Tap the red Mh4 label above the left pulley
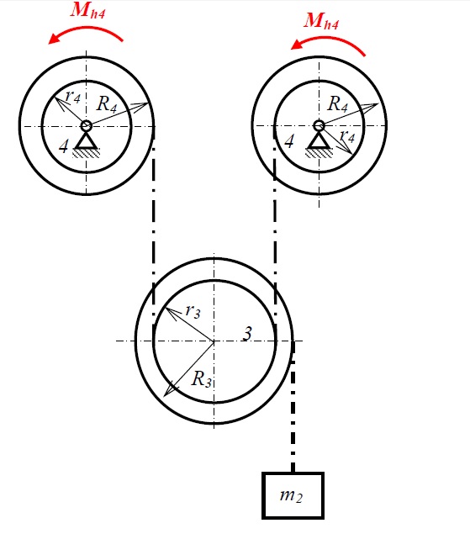pyautogui.click(x=87, y=10)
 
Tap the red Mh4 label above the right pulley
pyautogui.click(x=321, y=21)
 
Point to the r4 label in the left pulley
pyautogui.click(x=73, y=97)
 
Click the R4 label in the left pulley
pyautogui.click(x=107, y=103)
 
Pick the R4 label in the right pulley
pyautogui.click(x=338, y=103)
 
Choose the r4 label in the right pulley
pyautogui.click(x=347, y=136)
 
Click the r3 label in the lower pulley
pyautogui.click(x=193, y=311)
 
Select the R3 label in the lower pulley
pyautogui.click(x=202, y=379)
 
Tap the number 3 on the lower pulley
pyautogui.click(x=247, y=334)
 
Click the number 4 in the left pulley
pyautogui.click(x=64, y=146)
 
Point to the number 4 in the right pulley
pyautogui.click(x=289, y=141)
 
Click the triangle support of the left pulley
pyautogui.click(x=86, y=141)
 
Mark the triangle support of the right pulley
pyautogui.click(x=319, y=141)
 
